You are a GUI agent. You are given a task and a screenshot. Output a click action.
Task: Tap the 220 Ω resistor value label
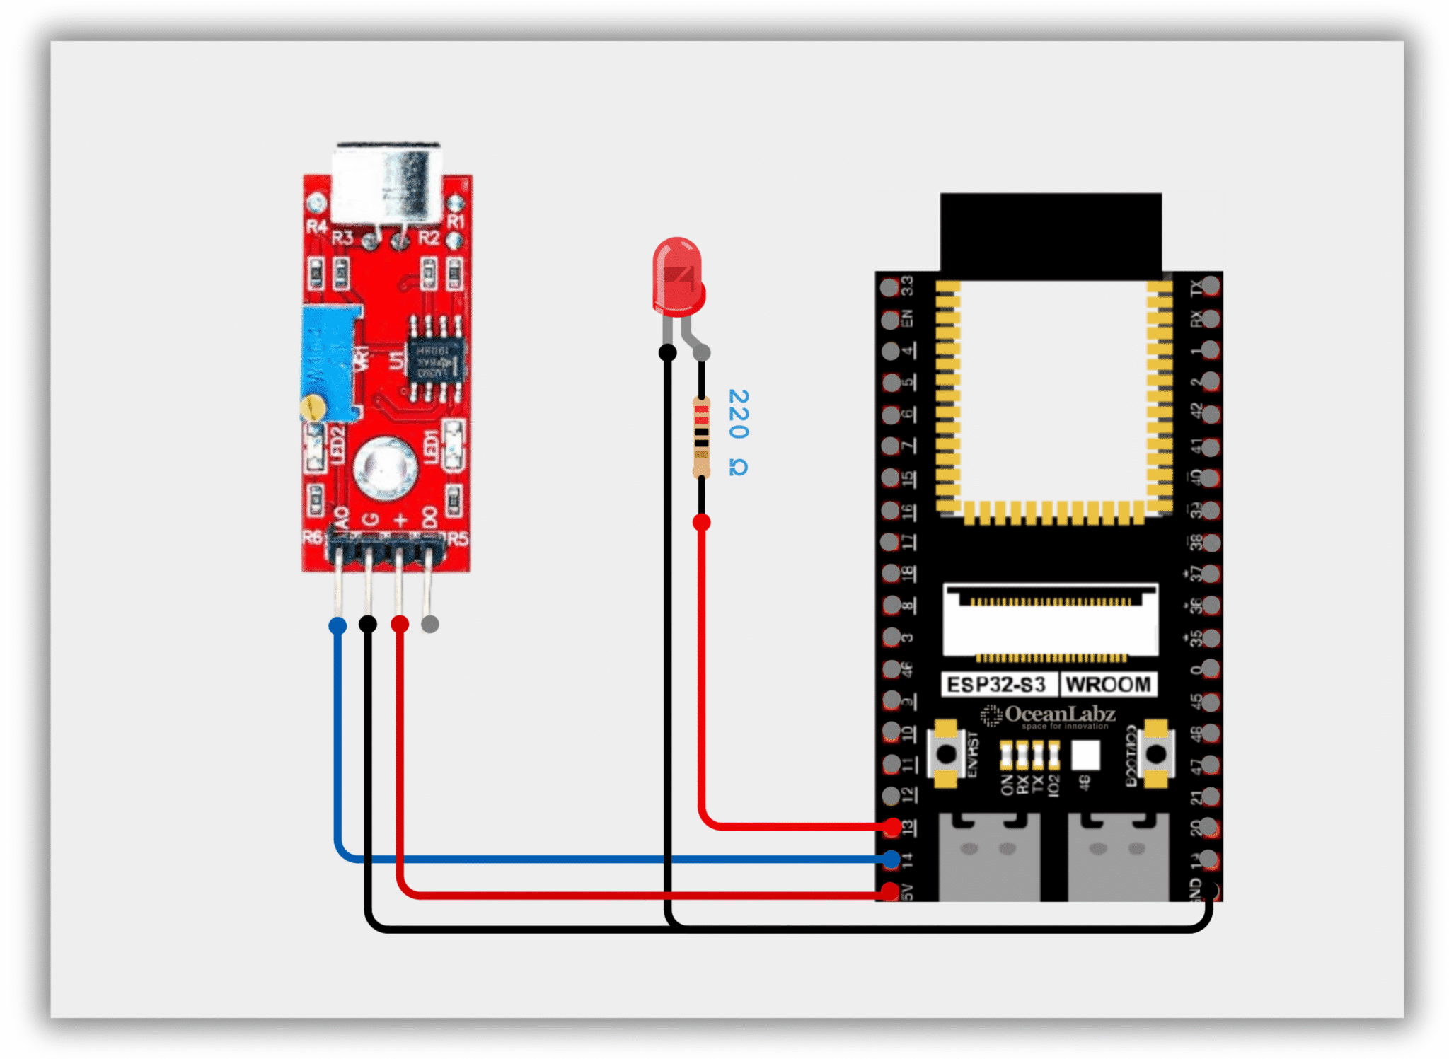click(x=739, y=432)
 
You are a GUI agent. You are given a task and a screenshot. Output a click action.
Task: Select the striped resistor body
click(x=700, y=437)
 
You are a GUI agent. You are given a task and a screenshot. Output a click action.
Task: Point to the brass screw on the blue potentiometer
click(x=313, y=407)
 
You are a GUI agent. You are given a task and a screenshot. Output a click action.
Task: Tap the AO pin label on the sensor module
click(x=342, y=518)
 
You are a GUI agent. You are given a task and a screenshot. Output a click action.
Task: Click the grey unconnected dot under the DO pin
click(x=429, y=624)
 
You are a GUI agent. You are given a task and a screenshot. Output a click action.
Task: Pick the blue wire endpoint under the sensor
click(x=338, y=625)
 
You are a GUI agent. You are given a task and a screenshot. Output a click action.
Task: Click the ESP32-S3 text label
click(x=996, y=685)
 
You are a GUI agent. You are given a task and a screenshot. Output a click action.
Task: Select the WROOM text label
click(x=1108, y=685)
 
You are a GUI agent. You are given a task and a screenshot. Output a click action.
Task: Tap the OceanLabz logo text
click(x=1058, y=714)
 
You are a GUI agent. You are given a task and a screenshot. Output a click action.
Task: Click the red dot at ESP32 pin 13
click(x=892, y=826)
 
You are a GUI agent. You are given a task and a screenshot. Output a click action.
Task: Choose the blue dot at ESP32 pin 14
click(x=891, y=860)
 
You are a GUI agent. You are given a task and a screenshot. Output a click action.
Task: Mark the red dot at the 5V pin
click(x=889, y=891)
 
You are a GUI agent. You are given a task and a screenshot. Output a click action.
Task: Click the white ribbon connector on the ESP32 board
click(x=1050, y=621)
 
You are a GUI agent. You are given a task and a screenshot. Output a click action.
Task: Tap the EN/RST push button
click(x=946, y=754)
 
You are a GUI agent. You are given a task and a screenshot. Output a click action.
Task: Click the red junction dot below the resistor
click(x=701, y=522)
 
